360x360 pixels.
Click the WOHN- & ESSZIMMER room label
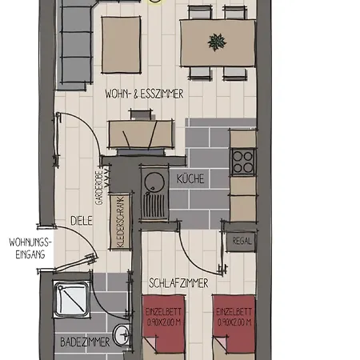[145, 94]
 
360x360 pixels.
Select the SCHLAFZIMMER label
[178, 282]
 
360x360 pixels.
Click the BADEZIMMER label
[85, 342]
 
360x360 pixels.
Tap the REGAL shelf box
[242, 240]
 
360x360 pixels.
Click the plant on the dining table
[216, 40]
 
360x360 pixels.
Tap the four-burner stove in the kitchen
[242, 162]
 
